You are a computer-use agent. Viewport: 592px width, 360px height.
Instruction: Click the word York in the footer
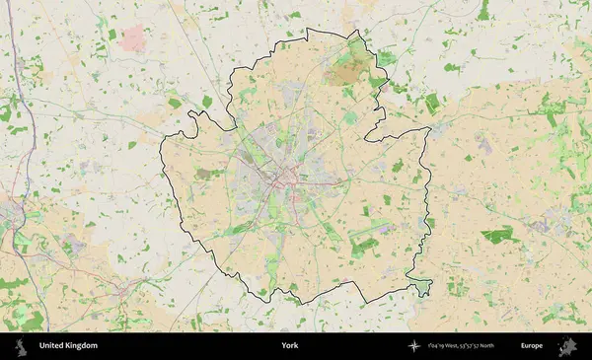click(x=289, y=346)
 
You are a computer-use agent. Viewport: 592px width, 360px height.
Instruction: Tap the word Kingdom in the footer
click(x=83, y=346)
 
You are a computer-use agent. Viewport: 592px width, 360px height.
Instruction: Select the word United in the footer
click(x=52, y=346)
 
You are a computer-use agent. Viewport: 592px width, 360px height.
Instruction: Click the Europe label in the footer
click(x=533, y=346)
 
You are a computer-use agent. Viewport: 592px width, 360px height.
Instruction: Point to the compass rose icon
click(x=415, y=346)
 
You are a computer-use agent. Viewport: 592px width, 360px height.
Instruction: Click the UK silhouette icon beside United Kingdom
click(x=20, y=346)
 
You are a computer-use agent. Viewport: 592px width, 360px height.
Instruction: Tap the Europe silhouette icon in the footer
click(x=568, y=346)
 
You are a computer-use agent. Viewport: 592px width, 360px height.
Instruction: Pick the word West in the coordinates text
click(x=450, y=346)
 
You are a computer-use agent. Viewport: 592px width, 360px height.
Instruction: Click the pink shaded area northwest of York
click(x=133, y=39)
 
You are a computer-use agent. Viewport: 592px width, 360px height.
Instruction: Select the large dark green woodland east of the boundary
click(x=499, y=236)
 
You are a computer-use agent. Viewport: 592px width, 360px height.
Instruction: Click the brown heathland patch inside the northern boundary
click(x=348, y=69)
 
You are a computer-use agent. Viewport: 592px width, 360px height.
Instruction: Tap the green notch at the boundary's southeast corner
click(x=423, y=287)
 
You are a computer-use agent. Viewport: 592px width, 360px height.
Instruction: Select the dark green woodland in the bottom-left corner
click(x=30, y=321)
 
